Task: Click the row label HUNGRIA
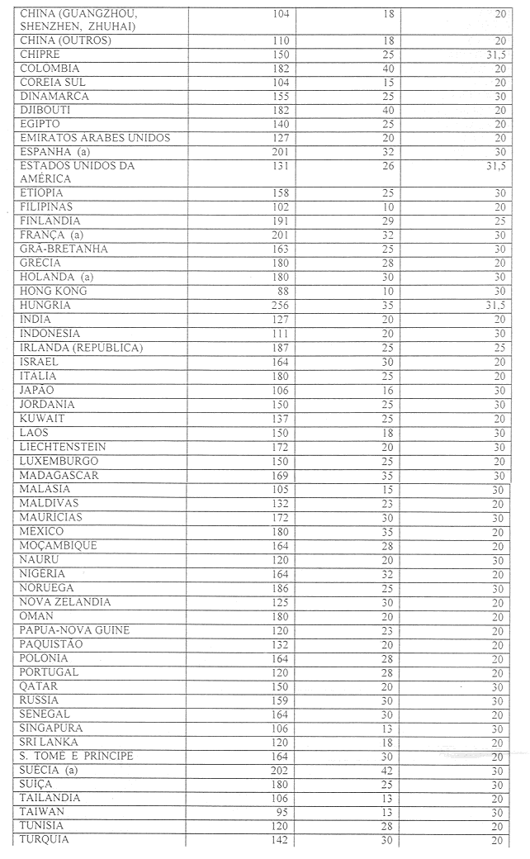coord(46,306)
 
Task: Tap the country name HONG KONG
coord(53,292)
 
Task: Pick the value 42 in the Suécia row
coord(388,771)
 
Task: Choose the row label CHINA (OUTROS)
coord(65,40)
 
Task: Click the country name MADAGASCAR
coord(59,475)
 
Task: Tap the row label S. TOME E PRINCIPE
coord(76,757)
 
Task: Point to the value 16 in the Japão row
coord(388,390)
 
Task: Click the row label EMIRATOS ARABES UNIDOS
coord(94,138)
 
